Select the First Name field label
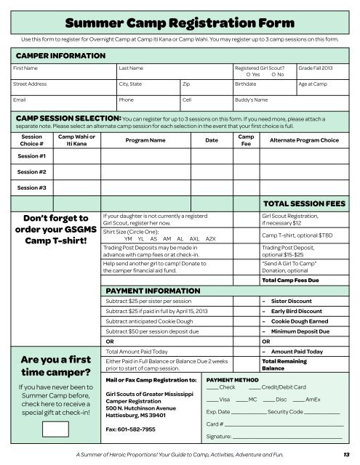pos(28,68)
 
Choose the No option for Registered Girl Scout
pos(276,75)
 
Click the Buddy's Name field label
pos(252,100)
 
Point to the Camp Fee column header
pos(246,141)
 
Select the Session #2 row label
pos(32,171)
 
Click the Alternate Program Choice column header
pos(303,141)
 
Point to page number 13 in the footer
pos(348,455)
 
